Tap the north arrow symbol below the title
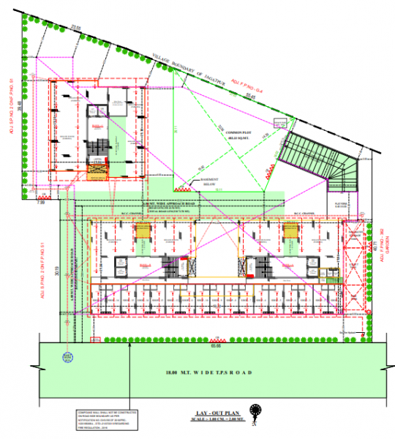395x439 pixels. point(255,413)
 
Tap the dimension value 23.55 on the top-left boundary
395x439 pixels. point(75,27)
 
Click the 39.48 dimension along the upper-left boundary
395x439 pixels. point(20,106)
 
